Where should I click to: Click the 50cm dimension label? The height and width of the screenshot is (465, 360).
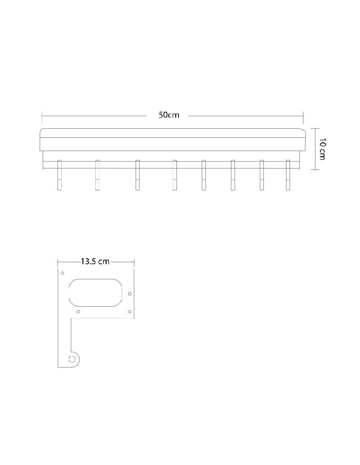click(169, 115)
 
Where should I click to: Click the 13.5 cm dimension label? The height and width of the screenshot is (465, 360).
click(95, 261)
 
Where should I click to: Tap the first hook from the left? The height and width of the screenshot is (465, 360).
click(60, 175)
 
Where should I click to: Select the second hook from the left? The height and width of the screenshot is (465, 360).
click(97, 175)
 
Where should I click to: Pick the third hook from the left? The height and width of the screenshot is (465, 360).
click(137, 175)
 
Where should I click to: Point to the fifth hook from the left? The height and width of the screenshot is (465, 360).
click(203, 175)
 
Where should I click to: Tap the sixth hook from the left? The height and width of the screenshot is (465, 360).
click(233, 175)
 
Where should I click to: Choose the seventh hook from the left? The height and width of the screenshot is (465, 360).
click(262, 175)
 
